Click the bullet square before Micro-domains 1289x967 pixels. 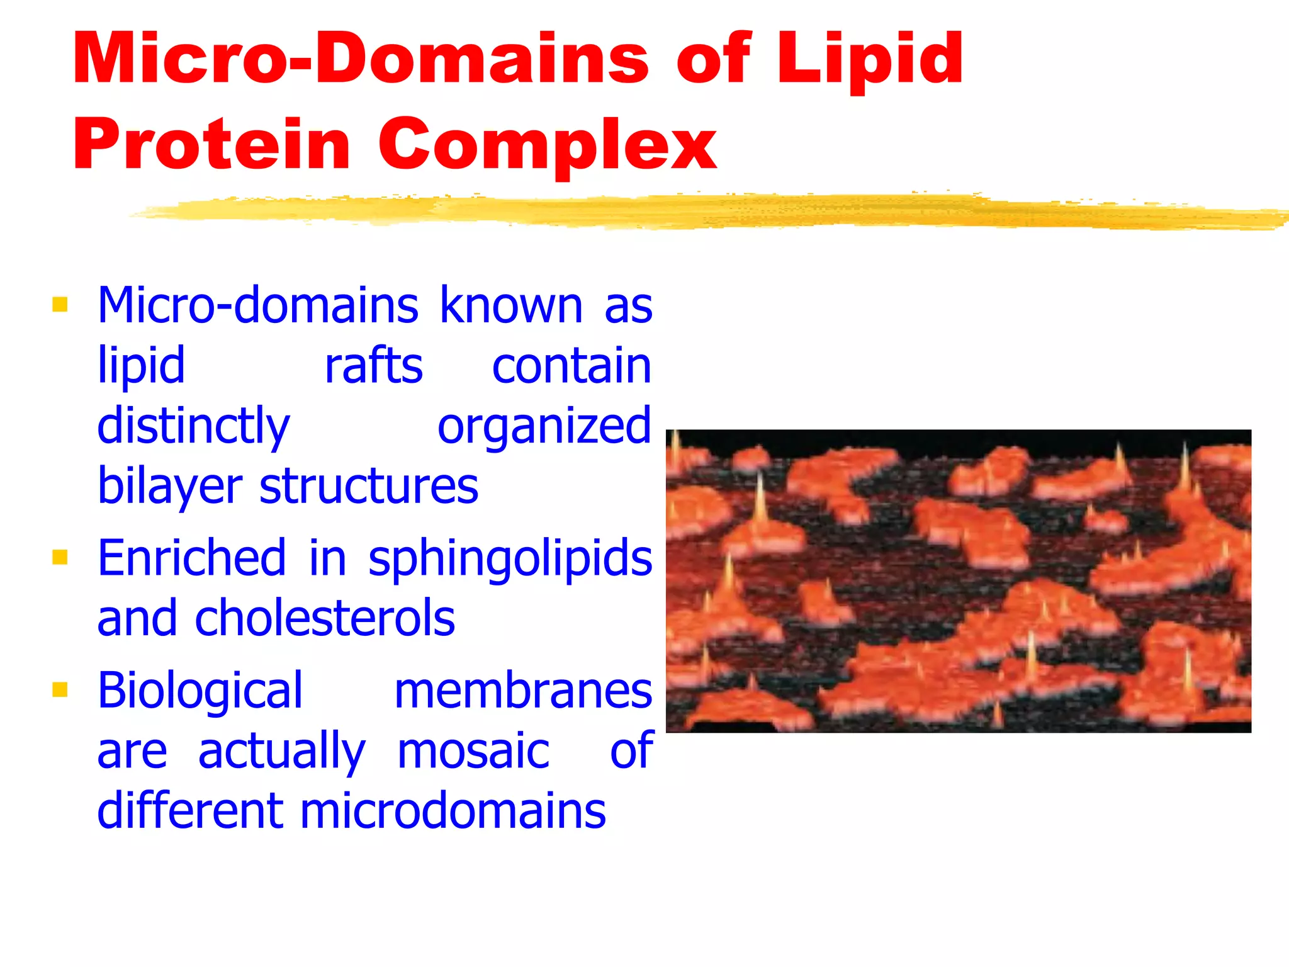60,305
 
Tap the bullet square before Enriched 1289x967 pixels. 60,557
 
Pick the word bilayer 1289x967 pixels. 170,487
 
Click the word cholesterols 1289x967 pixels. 325,618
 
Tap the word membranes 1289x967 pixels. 523,691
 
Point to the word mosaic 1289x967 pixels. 473,750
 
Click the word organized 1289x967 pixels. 544,426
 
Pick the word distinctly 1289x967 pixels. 193,426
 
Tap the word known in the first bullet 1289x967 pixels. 511,305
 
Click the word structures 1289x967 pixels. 369,487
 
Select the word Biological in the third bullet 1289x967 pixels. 200,691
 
